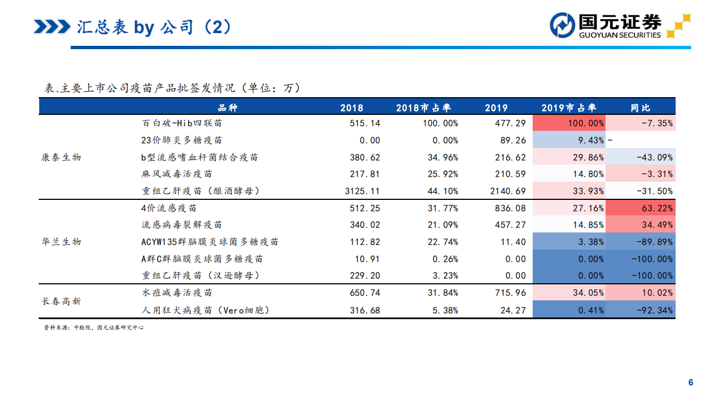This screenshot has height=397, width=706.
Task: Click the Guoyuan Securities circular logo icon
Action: [562, 25]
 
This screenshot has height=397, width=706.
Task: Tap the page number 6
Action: [690, 383]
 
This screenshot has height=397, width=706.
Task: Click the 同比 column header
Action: [640, 108]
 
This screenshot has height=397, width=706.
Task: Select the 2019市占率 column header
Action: [569, 108]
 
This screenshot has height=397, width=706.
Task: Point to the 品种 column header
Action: [227, 108]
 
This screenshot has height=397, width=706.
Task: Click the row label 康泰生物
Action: [61, 157]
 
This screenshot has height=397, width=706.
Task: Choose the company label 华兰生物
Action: [61, 242]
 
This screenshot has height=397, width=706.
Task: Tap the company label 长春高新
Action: [61, 301]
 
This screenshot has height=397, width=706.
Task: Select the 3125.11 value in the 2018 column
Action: [362, 191]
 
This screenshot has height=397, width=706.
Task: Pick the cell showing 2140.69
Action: [507, 191]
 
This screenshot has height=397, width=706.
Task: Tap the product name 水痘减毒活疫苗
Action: [177, 293]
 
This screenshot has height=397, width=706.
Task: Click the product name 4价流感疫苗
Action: [169, 208]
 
